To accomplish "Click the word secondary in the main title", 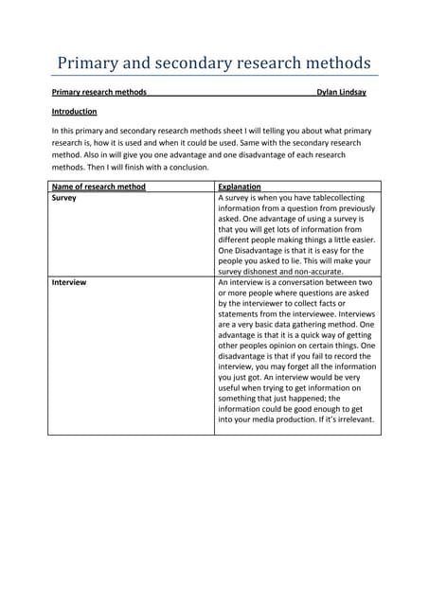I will tap(203, 63).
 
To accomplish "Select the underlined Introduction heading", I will tap(74, 112).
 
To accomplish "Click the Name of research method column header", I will tap(98, 187).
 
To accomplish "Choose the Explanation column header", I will tap(240, 187).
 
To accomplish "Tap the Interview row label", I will tap(68, 282).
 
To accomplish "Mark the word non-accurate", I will tap(326, 271).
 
